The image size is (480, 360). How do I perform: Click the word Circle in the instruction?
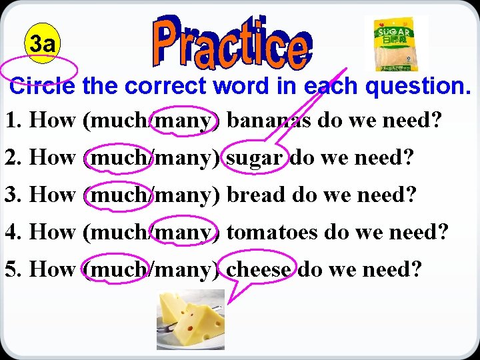(44, 86)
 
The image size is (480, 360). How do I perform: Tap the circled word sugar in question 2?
(257, 158)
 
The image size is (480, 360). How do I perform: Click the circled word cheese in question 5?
(259, 270)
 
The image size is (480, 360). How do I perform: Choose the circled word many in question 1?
(185, 121)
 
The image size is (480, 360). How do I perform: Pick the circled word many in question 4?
(185, 233)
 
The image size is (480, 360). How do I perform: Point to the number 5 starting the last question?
(11, 270)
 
